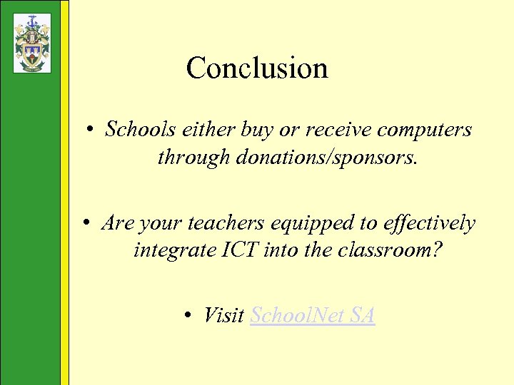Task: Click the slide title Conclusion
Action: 257,68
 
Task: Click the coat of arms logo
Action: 32,43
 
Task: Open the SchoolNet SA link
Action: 313,314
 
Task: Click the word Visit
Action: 224,314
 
